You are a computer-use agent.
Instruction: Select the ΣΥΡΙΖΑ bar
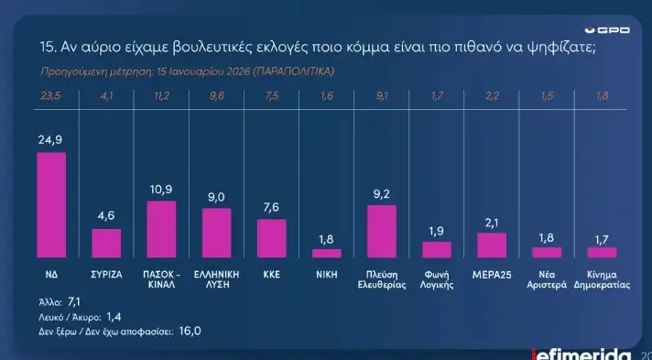pos(106,243)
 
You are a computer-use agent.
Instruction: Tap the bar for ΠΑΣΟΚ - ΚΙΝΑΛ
pos(161,229)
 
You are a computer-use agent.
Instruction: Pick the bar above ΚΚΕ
pos(271,238)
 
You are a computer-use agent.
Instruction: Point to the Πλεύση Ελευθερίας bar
pos(381,231)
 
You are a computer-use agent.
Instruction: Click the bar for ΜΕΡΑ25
pos(491,245)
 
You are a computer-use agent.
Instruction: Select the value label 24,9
pos(51,139)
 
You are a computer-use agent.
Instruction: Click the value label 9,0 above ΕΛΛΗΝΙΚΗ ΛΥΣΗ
pos(216,196)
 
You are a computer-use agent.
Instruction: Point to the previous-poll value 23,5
pos(51,95)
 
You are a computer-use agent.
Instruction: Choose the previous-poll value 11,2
pos(161,95)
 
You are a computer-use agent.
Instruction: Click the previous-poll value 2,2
pos(491,95)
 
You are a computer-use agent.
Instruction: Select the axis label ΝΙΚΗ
pos(326,273)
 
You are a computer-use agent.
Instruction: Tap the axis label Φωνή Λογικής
pos(436,278)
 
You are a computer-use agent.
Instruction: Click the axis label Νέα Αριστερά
pos(546,278)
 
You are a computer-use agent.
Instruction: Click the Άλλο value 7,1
pos(74,300)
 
